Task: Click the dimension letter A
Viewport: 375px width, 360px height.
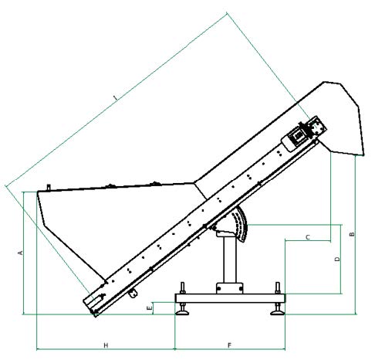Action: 20,253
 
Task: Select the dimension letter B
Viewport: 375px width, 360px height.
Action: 352,234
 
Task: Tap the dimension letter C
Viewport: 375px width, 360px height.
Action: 308,237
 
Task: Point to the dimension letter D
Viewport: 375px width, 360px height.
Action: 337,259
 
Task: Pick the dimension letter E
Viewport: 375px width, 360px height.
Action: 149,308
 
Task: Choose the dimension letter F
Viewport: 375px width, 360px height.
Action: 230,345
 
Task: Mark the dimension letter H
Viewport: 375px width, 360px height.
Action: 106,345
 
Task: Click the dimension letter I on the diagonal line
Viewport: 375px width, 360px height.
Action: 116,97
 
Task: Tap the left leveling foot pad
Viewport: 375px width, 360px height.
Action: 182,313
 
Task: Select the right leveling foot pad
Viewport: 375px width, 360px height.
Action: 278,313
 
